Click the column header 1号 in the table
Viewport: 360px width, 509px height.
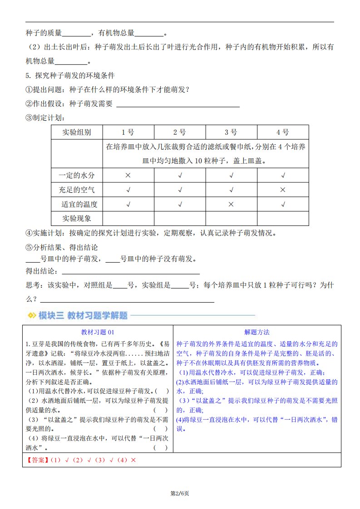point(128,132)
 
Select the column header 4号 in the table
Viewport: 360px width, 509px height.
point(283,132)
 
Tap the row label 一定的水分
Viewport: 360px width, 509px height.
point(77,175)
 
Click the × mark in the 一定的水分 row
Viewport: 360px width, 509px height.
point(128,175)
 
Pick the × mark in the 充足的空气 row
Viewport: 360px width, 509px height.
point(283,190)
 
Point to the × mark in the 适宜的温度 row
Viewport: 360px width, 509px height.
point(231,204)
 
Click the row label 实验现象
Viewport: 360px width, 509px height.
point(77,218)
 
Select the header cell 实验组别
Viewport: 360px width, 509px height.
point(77,132)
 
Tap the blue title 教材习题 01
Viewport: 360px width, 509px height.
point(98,332)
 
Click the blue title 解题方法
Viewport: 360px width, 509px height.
point(257,332)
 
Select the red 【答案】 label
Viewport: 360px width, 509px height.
point(37,460)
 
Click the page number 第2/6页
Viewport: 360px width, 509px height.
point(179,493)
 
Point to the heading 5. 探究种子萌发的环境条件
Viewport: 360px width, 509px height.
point(70,75)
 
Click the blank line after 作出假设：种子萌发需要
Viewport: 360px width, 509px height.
point(178,107)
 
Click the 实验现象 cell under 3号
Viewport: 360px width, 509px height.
point(231,218)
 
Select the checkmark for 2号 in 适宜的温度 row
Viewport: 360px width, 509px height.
point(180,204)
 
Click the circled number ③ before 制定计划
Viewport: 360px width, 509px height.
point(29,118)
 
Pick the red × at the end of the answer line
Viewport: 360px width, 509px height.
point(133,460)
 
